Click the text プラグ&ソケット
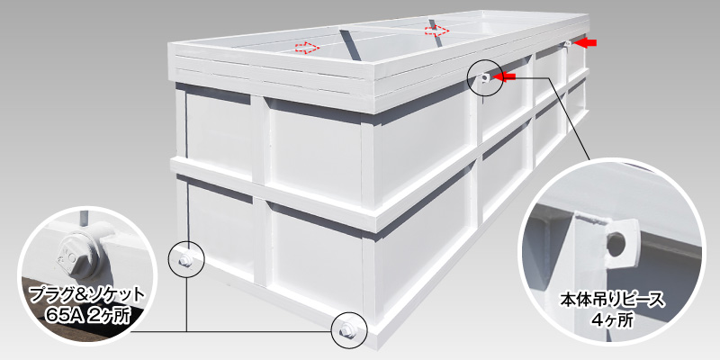86,295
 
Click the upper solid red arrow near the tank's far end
586,42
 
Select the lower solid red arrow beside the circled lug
504,76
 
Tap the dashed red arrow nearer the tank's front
306,47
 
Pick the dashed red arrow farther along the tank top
436,31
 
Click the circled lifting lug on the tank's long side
483,78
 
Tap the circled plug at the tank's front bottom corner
346,328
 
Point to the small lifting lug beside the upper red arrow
567,44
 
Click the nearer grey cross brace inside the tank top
348,45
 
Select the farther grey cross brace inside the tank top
435,33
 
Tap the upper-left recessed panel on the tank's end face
220,131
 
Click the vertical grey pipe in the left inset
84,219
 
